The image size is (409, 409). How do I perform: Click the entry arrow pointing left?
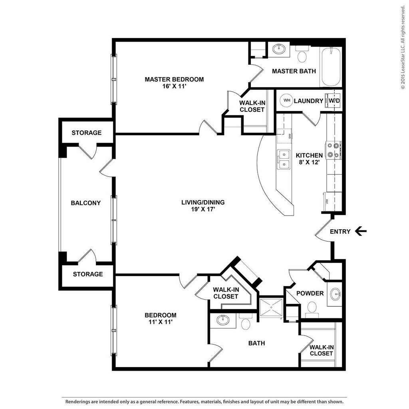(x=361, y=231)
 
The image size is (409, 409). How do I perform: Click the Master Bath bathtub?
(x=331, y=67)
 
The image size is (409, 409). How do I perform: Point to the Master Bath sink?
(x=278, y=50)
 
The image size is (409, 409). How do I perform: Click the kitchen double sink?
(x=284, y=159)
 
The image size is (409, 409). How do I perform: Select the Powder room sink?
(x=336, y=294)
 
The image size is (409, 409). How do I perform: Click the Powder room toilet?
(x=312, y=308)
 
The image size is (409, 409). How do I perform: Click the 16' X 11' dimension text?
(x=174, y=87)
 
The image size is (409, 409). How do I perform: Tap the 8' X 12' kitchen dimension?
(x=309, y=163)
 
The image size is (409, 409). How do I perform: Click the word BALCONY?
(x=86, y=203)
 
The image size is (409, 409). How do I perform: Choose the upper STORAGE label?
(x=87, y=133)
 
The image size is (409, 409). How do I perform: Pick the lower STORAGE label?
(x=88, y=274)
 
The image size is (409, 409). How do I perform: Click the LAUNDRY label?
(x=308, y=101)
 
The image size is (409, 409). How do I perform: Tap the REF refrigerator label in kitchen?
(x=327, y=201)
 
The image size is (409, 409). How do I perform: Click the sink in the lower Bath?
(x=222, y=320)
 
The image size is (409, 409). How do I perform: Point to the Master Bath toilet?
(x=302, y=56)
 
